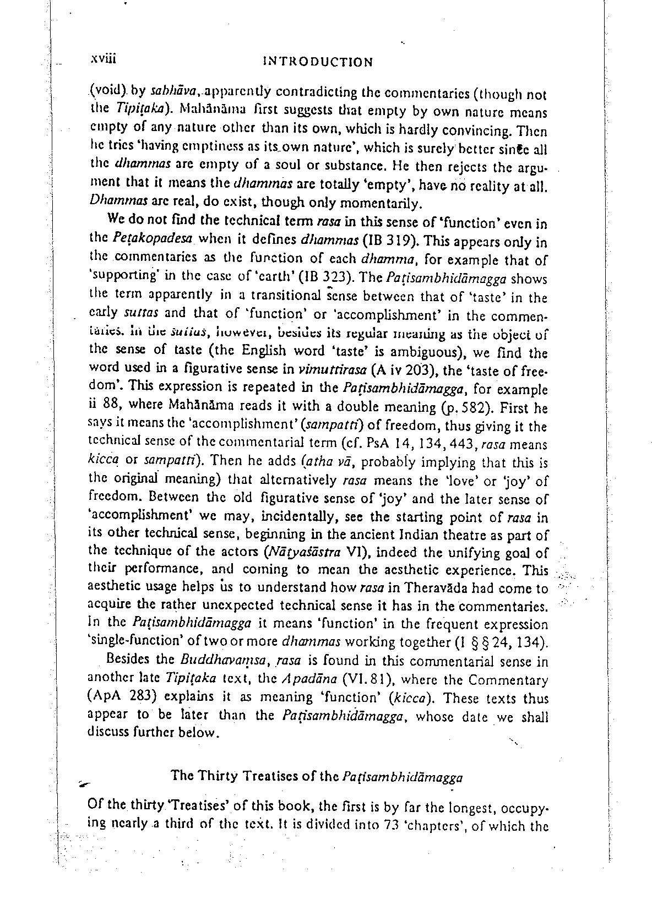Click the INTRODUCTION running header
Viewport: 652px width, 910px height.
pos(318,62)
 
